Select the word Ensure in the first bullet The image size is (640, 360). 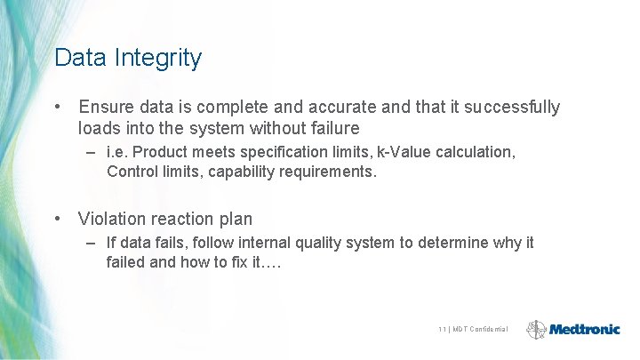pos(106,108)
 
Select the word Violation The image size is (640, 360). pos(113,219)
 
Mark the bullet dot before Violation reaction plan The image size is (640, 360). pos(58,219)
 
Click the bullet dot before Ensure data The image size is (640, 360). pos(58,108)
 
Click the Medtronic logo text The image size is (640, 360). pos(584,329)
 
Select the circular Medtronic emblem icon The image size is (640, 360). pos(536,329)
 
